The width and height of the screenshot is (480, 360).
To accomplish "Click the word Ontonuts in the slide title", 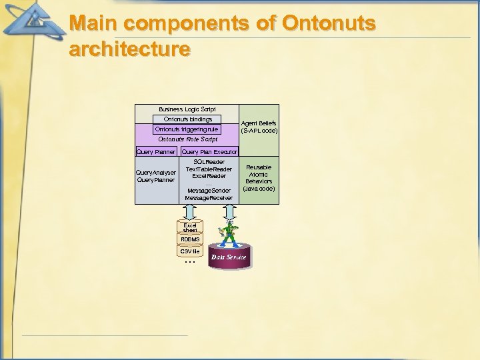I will click(x=329, y=23).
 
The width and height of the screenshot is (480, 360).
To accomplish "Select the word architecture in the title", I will click(x=129, y=49).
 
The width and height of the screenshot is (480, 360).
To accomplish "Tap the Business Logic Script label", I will click(x=187, y=109).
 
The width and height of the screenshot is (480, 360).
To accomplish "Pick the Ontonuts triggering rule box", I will click(x=187, y=129).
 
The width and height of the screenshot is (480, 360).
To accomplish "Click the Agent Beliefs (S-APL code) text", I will click(x=259, y=127).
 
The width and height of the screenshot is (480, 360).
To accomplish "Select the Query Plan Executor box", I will click(x=209, y=152).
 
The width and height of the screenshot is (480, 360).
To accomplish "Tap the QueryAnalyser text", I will click(x=155, y=173).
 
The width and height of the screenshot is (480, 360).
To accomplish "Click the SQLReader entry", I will click(x=209, y=162).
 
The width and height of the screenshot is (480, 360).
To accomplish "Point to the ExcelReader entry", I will click(x=209, y=176).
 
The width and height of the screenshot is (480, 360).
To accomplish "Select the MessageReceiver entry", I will click(x=209, y=198).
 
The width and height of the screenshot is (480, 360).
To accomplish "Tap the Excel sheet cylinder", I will click(x=190, y=228).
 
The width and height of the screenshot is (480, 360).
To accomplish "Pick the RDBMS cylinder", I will click(x=190, y=239).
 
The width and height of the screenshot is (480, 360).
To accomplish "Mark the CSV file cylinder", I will click(x=190, y=251).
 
